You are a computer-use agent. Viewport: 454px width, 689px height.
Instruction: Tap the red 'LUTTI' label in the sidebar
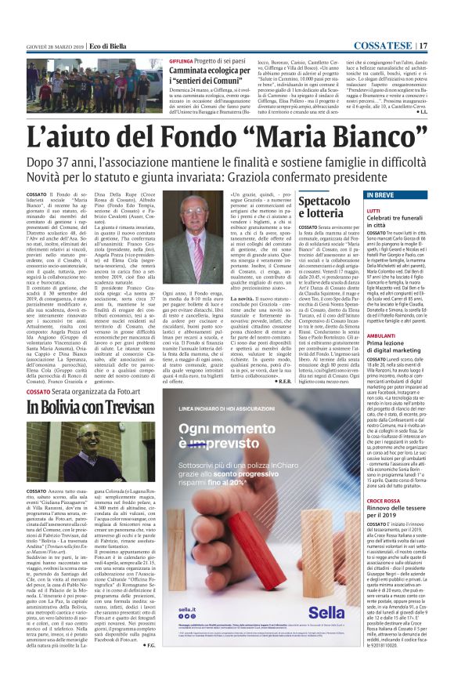[x=373, y=210]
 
